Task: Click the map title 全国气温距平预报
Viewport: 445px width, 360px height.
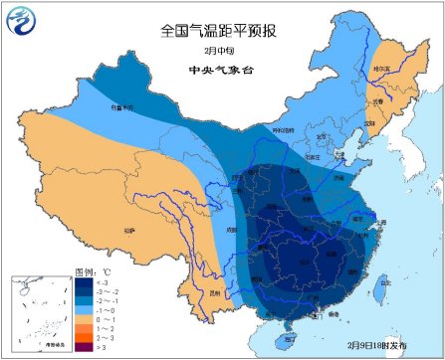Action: [x=222, y=31]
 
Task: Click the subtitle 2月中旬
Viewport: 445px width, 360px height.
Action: [x=222, y=51]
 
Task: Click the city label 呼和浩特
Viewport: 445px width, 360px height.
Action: [x=285, y=130]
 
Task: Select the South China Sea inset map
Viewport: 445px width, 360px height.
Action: [x=36, y=312]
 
